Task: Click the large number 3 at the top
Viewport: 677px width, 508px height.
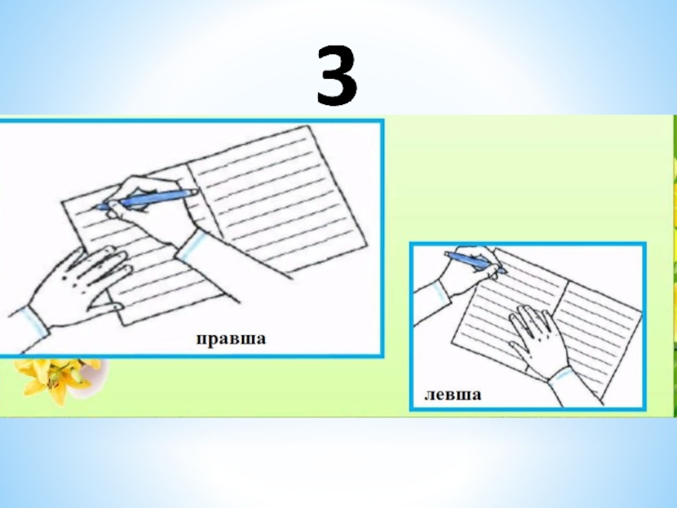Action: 337,75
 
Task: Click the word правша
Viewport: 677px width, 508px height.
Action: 231,339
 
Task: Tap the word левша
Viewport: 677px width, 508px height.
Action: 453,395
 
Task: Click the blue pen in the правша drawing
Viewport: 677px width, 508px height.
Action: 146,200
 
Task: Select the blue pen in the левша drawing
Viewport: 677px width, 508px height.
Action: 475,262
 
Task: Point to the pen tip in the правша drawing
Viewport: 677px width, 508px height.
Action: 97,207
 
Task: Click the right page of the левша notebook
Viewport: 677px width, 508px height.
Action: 598,329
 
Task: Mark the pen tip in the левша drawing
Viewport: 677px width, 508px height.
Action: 504,271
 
